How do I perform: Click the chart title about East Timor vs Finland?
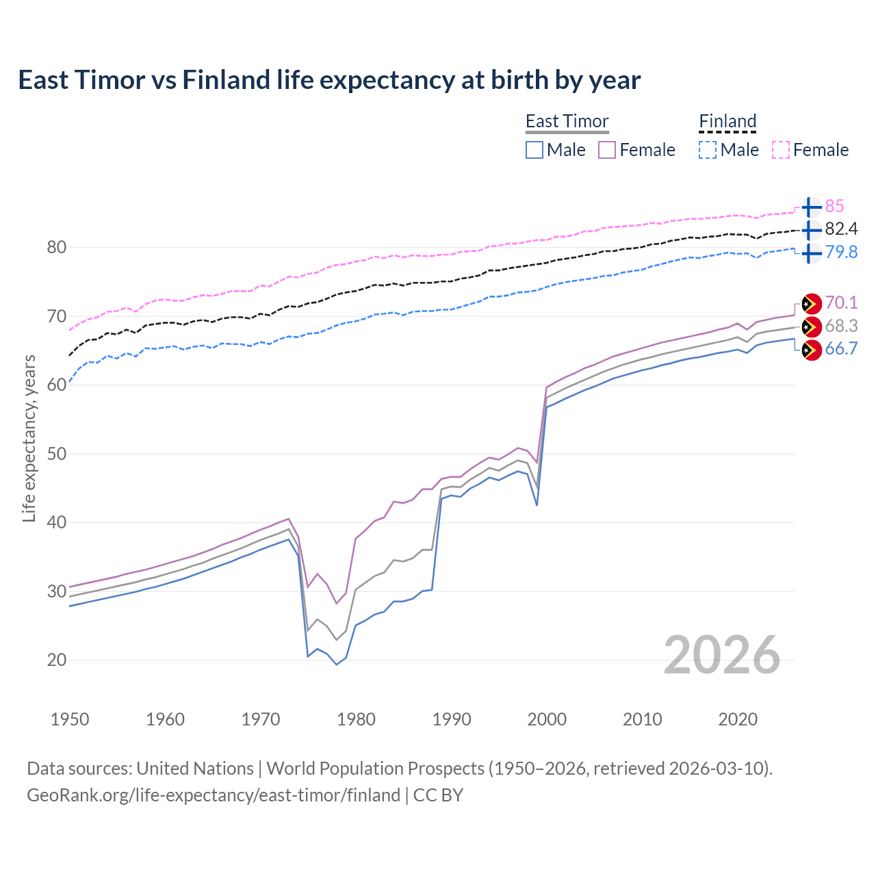click(329, 80)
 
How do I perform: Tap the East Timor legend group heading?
click(567, 121)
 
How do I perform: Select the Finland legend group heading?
click(727, 121)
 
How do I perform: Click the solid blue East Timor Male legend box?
click(534, 150)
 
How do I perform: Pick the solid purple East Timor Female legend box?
click(607, 150)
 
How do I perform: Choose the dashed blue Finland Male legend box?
click(708, 150)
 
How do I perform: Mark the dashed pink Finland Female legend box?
click(781, 150)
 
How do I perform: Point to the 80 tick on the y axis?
click(56, 247)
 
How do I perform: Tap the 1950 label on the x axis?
click(70, 719)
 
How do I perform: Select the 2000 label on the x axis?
click(547, 719)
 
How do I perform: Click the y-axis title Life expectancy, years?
click(29, 438)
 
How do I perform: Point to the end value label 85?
click(834, 206)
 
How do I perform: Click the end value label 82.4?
click(841, 229)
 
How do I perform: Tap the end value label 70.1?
click(841, 302)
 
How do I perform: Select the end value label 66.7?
click(841, 348)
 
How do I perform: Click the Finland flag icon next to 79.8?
click(811, 253)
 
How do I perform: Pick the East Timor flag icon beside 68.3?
click(811, 326)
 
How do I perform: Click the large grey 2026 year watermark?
click(722, 655)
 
